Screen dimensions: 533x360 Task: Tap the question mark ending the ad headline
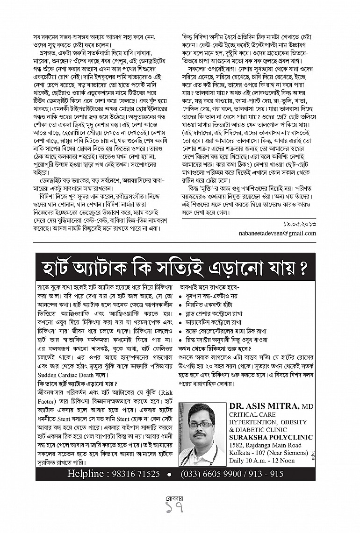(302, 268)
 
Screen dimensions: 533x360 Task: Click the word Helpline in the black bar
(87, 473)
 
